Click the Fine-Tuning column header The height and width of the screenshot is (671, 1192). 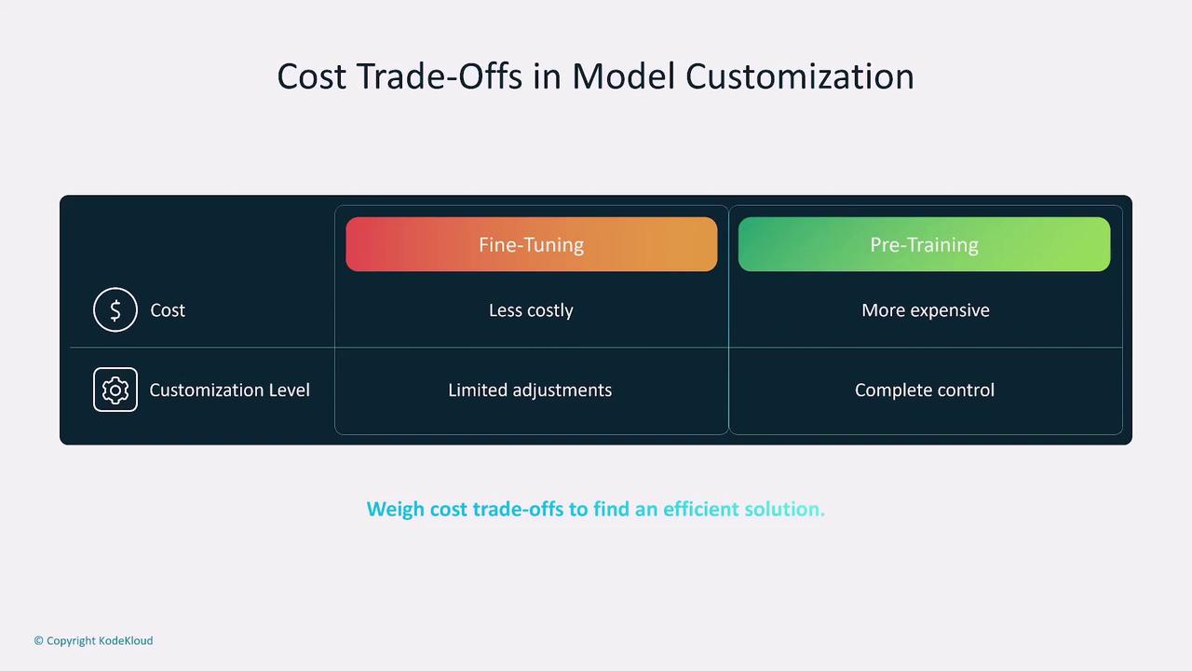click(531, 244)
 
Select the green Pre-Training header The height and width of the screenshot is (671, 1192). click(925, 244)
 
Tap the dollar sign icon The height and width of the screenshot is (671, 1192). click(115, 310)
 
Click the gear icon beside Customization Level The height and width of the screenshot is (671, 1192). click(115, 390)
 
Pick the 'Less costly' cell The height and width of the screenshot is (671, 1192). click(531, 310)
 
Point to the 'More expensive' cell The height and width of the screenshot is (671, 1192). click(926, 310)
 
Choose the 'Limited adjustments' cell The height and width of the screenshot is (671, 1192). click(530, 390)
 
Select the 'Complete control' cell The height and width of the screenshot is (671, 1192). click(925, 390)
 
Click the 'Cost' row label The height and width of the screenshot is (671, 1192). click(168, 310)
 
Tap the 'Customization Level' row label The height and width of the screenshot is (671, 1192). click(229, 390)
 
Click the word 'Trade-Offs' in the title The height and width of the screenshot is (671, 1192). click(439, 76)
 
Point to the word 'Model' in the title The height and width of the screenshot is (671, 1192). click(623, 76)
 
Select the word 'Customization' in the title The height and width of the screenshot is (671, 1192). click(800, 76)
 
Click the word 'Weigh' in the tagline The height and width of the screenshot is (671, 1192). click(396, 510)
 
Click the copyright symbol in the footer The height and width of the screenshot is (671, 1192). click(38, 640)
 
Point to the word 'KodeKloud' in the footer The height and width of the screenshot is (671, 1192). click(126, 640)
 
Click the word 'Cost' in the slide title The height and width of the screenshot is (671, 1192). click(312, 76)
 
